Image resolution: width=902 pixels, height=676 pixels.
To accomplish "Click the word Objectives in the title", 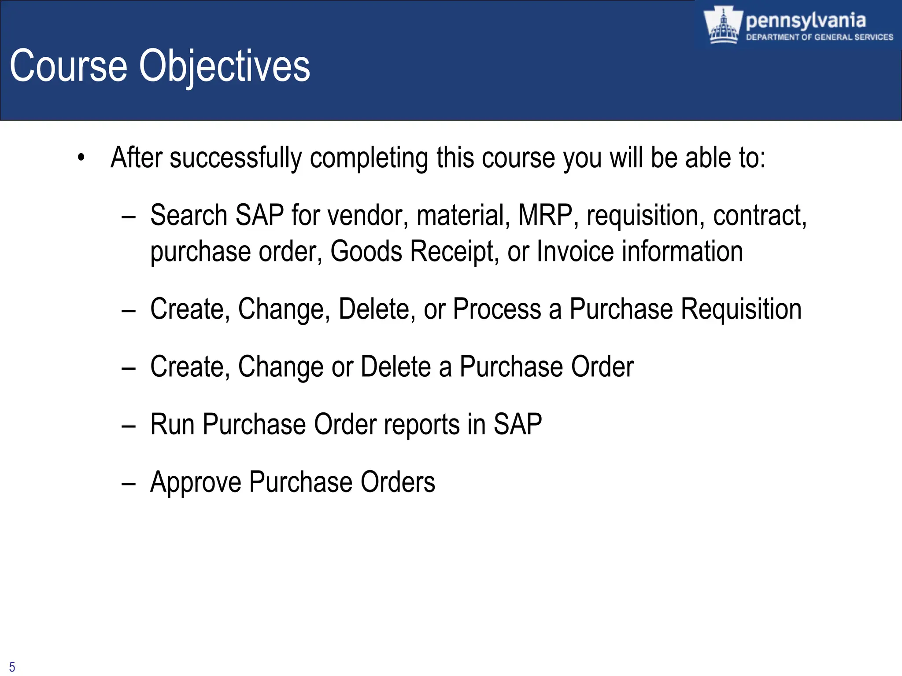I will point(225,66).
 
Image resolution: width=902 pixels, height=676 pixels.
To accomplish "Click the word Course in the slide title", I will point(68,66).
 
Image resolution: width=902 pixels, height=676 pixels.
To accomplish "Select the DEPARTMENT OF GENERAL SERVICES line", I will point(819,37).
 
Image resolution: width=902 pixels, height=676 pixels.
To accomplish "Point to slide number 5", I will point(12,667).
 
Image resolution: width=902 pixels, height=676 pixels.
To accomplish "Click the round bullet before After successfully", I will point(81,158).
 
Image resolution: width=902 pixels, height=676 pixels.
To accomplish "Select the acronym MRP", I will point(545,215).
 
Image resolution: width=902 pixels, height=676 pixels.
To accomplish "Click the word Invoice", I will point(575,251).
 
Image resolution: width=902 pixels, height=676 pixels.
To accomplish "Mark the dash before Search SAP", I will point(128,217).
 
